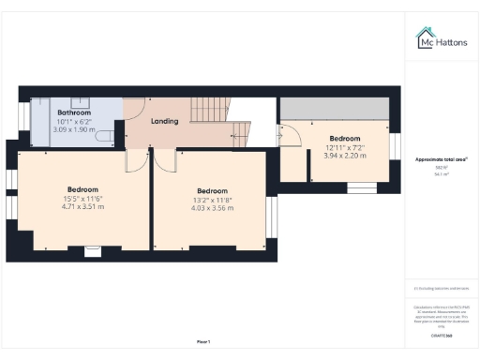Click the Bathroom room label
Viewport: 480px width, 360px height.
point(74,112)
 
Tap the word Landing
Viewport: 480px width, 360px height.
point(165,121)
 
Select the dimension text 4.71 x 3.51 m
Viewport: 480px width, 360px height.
point(82,206)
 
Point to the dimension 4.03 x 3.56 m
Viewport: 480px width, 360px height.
point(213,208)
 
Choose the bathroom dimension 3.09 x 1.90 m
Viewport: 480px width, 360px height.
point(74,129)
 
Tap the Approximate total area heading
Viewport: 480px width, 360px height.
point(441,160)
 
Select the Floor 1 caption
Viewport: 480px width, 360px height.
point(203,340)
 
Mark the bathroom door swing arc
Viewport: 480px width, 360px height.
point(133,111)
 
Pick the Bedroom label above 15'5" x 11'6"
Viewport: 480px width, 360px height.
point(82,187)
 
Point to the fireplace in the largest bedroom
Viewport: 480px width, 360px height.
point(92,250)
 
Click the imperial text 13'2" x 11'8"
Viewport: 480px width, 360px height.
point(213,199)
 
